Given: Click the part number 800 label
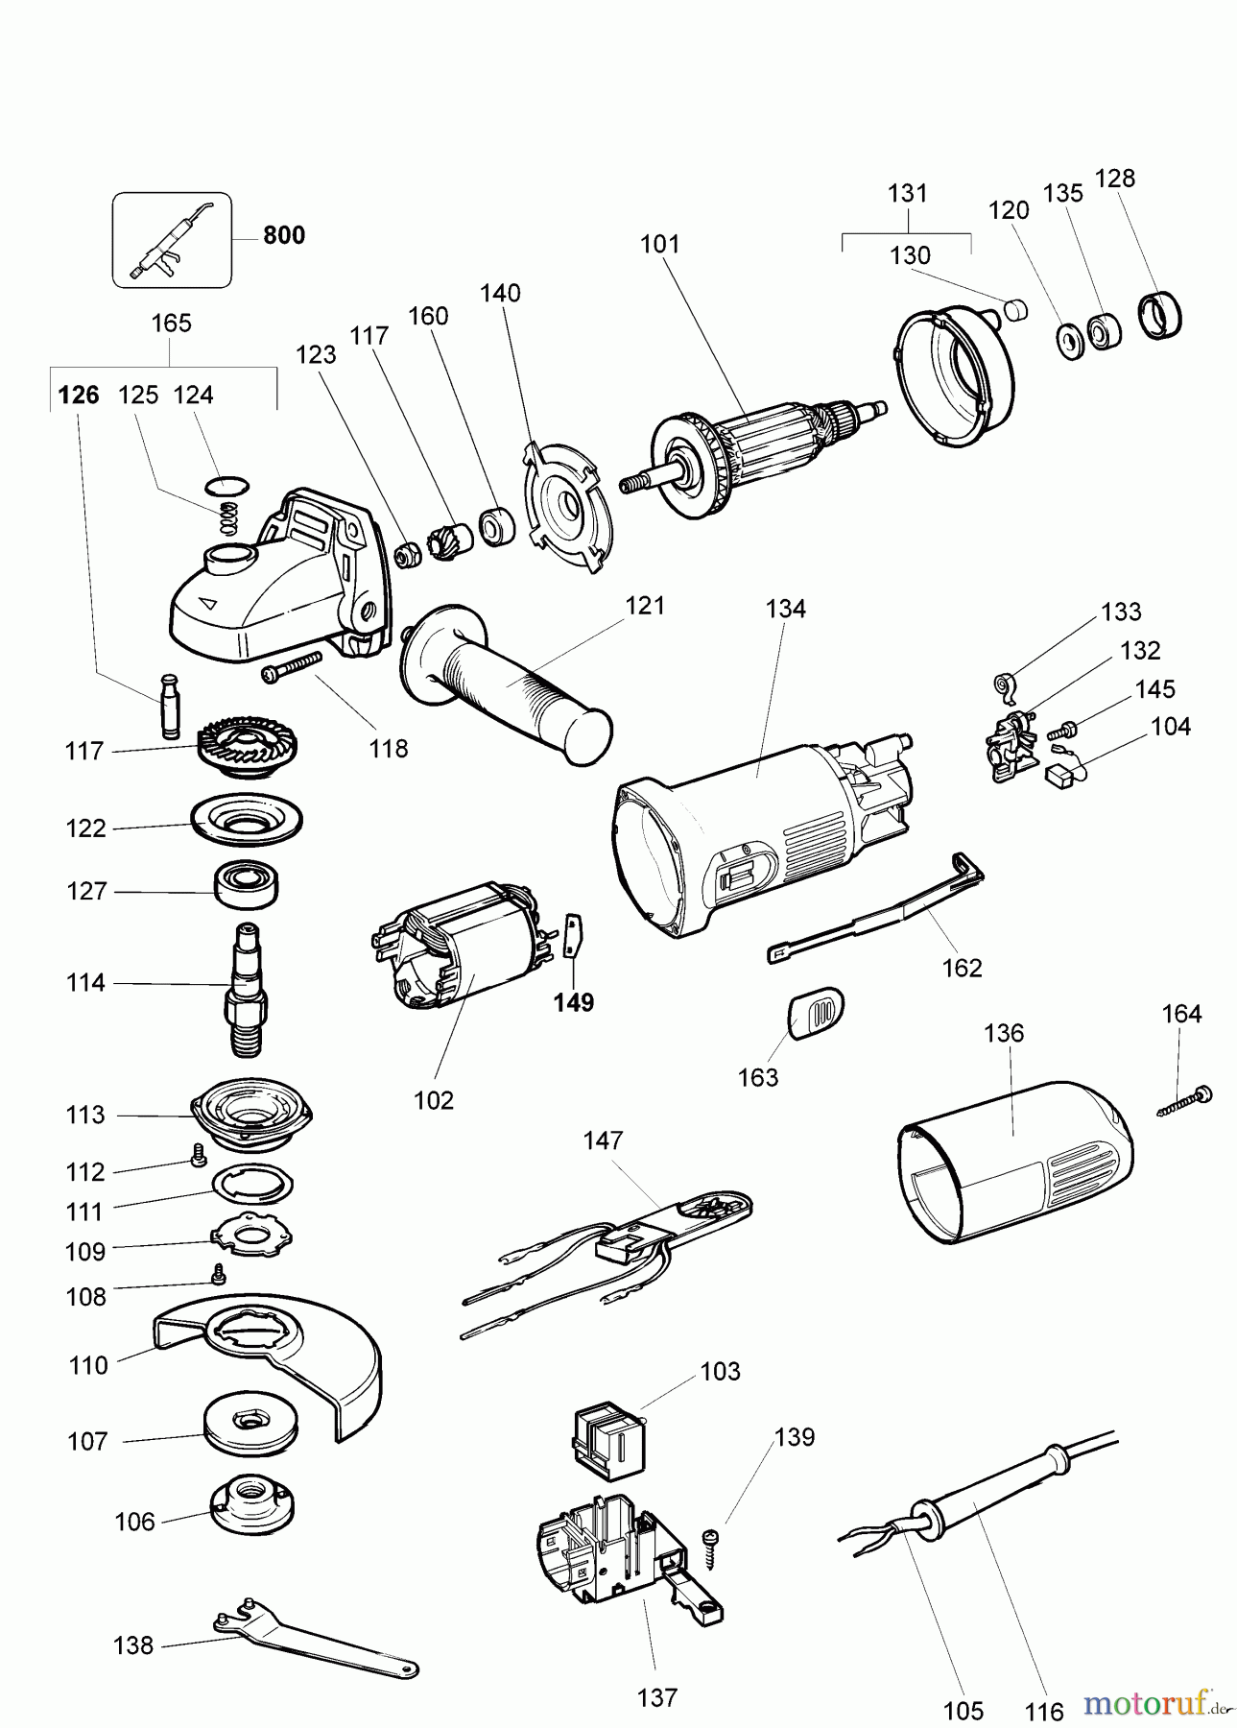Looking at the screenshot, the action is pyautogui.click(x=284, y=235).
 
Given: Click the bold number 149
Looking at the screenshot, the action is pyautogui.click(x=574, y=1002).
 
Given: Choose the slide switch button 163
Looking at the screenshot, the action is pyautogui.click(x=816, y=1012).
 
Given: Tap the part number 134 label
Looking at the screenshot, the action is pyautogui.click(x=786, y=609).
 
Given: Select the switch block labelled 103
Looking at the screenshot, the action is pyautogui.click(x=607, y=1434).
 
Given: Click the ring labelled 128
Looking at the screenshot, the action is pyautogui.click(x=1159, y=315).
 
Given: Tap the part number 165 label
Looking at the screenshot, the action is pyautogui.click(x=172, y=324).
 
